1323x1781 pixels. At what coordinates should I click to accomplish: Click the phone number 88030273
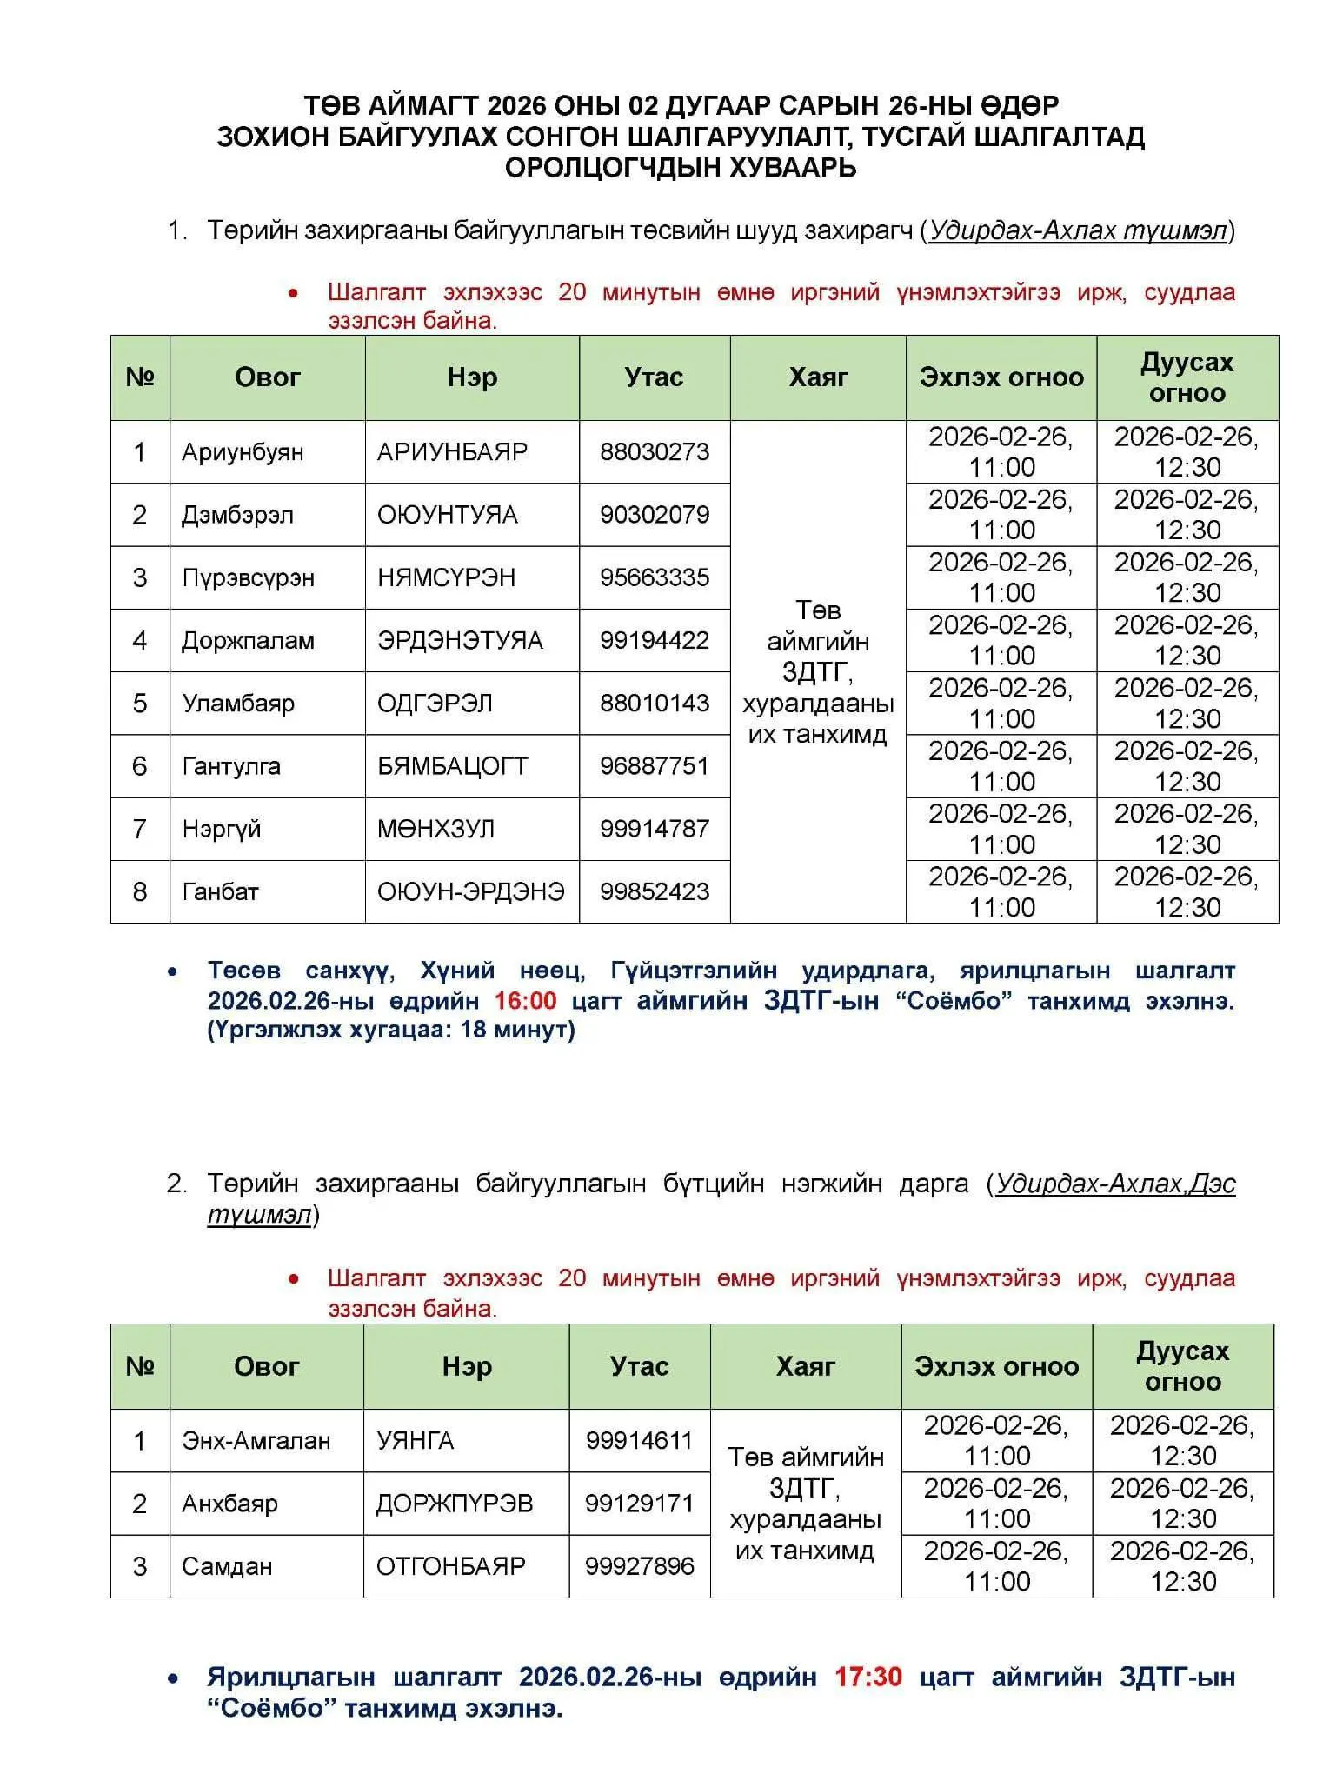654,452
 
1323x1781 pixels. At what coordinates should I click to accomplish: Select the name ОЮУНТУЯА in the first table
447,515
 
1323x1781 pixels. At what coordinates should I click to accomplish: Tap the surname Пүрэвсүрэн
248,577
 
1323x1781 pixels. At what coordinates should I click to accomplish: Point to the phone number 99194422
654,641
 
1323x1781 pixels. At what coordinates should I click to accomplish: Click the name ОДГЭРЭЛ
435,704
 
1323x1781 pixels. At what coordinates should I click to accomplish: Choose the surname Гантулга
231,766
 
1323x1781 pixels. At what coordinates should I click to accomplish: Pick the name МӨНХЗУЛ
435,829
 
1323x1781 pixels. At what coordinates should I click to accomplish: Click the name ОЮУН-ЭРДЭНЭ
470,891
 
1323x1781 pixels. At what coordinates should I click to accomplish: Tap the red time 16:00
525,1000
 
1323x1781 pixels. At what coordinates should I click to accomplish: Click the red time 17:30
868,1676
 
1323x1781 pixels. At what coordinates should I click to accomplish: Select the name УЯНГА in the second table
415,1441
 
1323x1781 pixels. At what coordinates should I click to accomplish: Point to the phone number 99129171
639,1504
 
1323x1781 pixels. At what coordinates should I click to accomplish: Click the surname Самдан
227,1566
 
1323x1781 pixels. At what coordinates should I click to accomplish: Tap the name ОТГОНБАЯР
450,1566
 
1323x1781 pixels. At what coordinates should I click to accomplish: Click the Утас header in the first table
654,377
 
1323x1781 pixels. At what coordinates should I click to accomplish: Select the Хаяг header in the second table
805,1366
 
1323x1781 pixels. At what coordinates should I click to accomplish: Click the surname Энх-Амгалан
256,1441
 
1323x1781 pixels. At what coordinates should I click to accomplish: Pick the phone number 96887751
654,766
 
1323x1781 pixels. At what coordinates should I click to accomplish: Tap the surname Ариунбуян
243,452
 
